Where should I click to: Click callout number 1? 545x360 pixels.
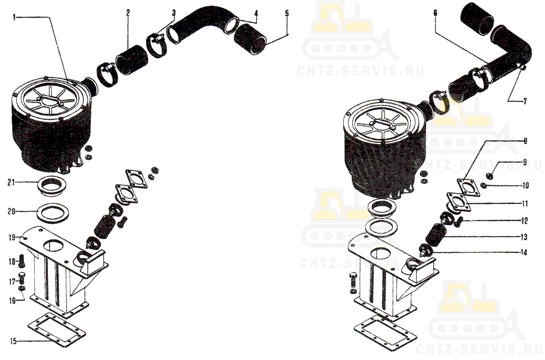coord(14,17)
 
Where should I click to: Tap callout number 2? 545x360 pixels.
coord(128,13)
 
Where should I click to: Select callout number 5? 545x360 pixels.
coord(287,13)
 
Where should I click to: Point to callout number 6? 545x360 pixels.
coord(435,13)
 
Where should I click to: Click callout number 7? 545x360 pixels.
coord(525,101)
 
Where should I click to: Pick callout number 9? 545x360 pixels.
coord(525,162)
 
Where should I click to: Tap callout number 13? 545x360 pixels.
coord(524,237)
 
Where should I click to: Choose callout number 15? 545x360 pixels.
coord(13,341)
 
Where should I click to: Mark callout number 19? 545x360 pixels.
coord(12,238)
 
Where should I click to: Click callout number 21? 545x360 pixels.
coord(11,182)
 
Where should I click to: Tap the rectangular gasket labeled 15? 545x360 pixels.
coord(57,330)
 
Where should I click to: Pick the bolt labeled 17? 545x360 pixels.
coord(21,278)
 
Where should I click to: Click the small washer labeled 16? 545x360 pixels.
coord(22,289)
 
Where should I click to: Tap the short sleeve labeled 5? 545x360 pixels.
coord(250,39)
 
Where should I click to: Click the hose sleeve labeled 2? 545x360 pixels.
coord(132,60)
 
